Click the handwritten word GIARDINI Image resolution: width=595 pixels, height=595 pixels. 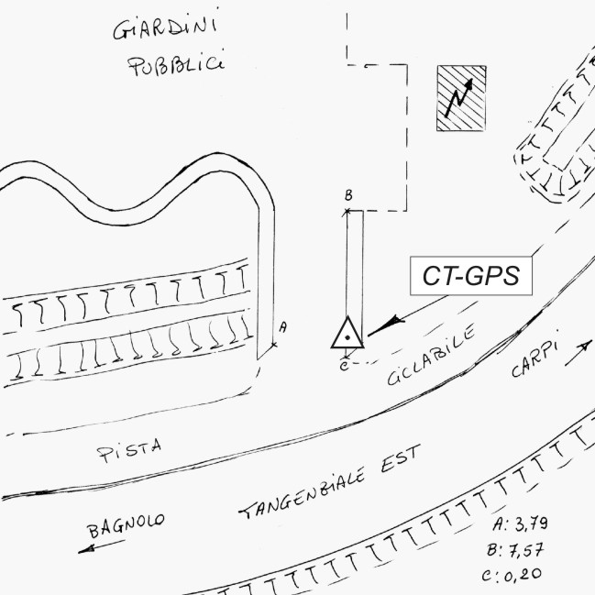pos(165,28)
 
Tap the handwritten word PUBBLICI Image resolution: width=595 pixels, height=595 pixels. pos(176,65)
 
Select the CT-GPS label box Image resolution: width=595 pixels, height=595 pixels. pos(471,276)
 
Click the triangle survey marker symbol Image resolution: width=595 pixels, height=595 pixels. pos(347,333)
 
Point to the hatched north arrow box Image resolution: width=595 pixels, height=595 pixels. pos(461,98)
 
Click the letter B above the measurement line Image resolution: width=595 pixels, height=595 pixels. pos(348,195)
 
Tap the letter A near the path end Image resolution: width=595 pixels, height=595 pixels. pos(283,327)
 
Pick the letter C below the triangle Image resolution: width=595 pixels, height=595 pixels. pos(344,366)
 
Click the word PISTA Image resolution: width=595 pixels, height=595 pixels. pos(129,450)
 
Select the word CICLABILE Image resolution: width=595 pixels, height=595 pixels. pos(432,354)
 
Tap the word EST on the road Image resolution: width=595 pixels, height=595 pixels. pos(401,457)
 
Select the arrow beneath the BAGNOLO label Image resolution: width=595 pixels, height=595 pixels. pos(102,546)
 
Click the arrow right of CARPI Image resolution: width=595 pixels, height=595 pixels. pos(578,353)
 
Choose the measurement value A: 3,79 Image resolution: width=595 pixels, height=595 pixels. pos(520,524)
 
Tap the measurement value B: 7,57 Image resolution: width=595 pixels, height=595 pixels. pos(515,550)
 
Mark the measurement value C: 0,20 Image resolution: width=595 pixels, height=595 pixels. pos(512,575)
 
